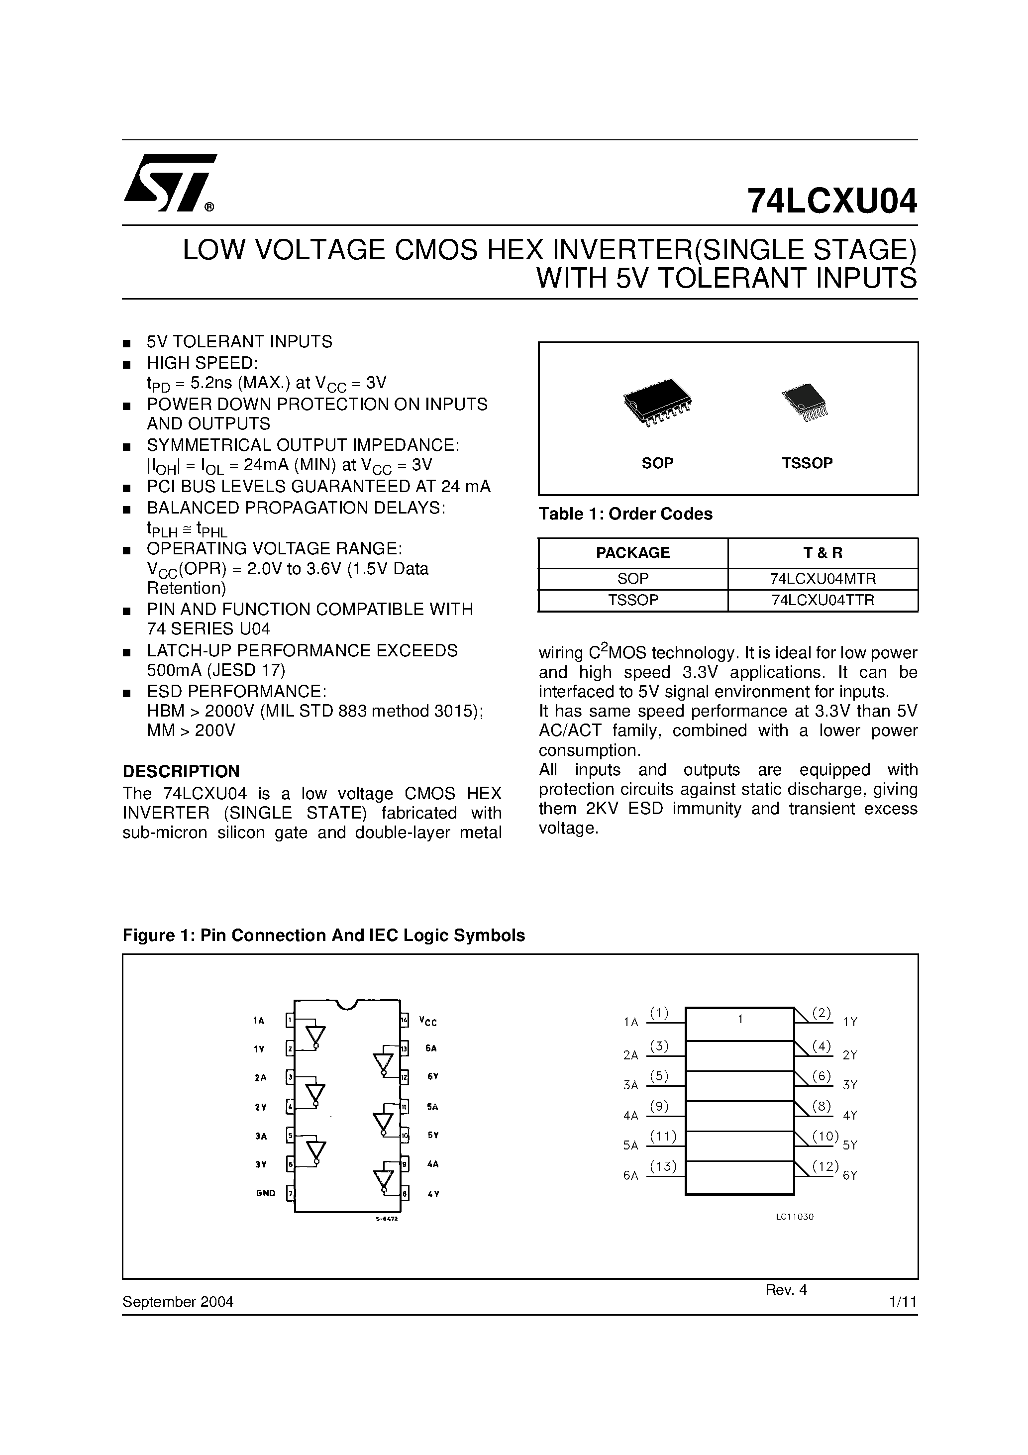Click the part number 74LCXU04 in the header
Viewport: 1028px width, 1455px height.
pyautogui.click(x=831, y=202)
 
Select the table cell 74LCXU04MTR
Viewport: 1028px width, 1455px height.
pyautogui.click(x=822, y=579)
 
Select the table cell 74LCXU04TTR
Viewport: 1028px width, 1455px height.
pyautogui.click(x=822, y=600)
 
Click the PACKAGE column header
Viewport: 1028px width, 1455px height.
pyautogui.click(x=632, y=553)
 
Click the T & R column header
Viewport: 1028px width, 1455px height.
pyautogui.click(x=822, y=553)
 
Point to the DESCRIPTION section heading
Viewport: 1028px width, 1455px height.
pyautogui.click(x=181, y=771)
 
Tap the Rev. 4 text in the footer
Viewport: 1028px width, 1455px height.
pyautogui.click(x=786, y=1290)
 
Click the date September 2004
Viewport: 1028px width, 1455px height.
pyautogui.click(x=178, y=1302)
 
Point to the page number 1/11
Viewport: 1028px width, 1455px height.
pyautogui.click(x=903, y=1302)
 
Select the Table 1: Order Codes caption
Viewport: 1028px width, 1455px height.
pyautogui.click(x=625, y=514)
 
